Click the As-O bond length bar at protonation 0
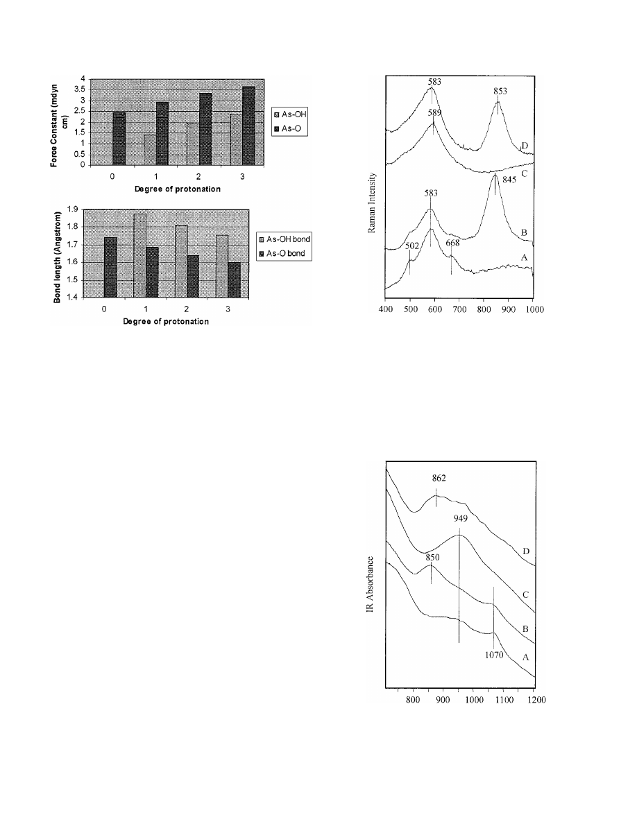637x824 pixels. (x=110, y=266)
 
